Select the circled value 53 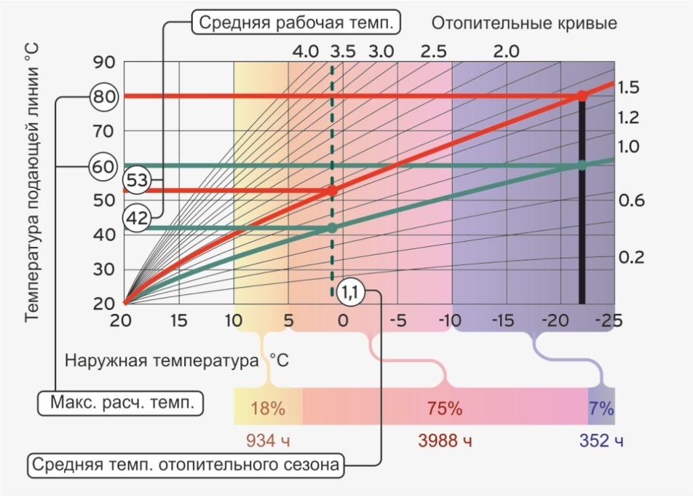coord(137,181)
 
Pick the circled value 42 coord(137,219)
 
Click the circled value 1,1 coord(351,292)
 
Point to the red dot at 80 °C coord(582,96)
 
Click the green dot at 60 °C coord(582,165)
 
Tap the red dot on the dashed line coord(332,191)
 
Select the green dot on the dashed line coord(332,228)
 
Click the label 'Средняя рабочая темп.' coord(296,23)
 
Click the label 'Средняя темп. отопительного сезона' coord(185,465)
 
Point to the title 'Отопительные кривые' coord(524,23)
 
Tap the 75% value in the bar coord(444,408)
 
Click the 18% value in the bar coord(267,408)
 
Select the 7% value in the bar coord(601,408)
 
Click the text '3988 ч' coord(445,441)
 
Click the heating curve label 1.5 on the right coord(629,87)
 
